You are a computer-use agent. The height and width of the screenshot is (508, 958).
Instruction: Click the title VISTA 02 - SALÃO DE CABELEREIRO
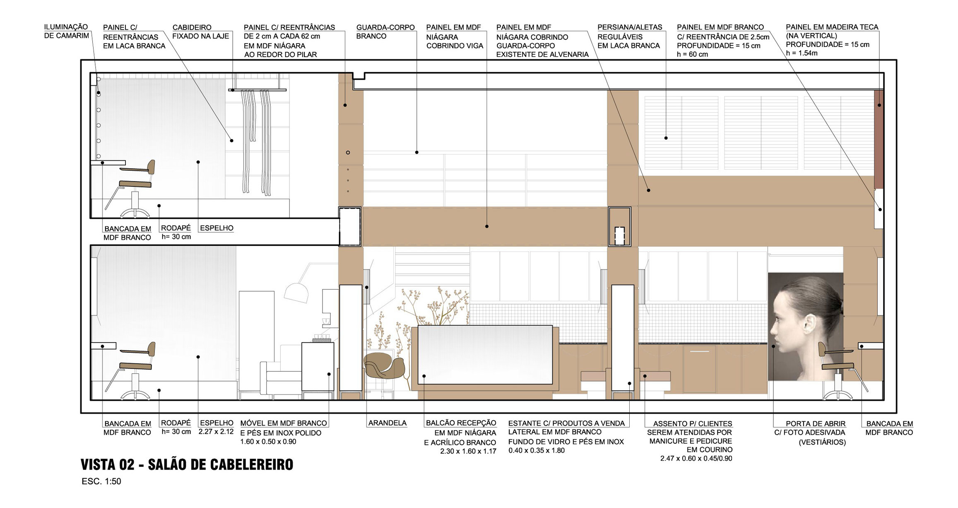point(187,464)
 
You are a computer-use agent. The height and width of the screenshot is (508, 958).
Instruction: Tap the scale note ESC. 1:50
point(101,481)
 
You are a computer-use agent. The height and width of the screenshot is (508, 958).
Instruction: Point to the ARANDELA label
point(387,423)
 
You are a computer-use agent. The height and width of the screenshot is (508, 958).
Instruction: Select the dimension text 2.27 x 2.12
point(216,432)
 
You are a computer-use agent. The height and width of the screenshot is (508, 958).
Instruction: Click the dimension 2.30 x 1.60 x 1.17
point(468,451)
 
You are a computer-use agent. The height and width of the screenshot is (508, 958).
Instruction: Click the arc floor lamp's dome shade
point(296,292)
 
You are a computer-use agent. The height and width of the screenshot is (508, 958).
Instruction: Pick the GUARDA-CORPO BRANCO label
point(385,31)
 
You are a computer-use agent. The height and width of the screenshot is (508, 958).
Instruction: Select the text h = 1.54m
point(802,53)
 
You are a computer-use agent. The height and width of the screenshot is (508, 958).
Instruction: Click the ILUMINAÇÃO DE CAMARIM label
point(66,31)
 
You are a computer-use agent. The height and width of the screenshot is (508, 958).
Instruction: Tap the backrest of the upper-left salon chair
point(151,167)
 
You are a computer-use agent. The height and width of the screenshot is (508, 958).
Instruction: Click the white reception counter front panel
point(485,355)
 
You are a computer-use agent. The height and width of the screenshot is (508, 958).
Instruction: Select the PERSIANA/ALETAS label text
point(630,27)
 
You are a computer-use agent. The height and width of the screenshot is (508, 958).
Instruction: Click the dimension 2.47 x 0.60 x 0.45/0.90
point(696,459)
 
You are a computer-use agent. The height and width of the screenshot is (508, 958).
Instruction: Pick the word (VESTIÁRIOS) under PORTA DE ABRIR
point(822,442)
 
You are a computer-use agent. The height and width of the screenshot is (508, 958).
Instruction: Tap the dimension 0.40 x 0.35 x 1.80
point(537,450)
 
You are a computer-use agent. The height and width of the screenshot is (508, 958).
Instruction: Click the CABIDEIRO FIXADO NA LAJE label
point(201,31)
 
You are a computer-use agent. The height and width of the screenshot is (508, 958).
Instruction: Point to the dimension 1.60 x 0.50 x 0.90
point(268,442)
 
